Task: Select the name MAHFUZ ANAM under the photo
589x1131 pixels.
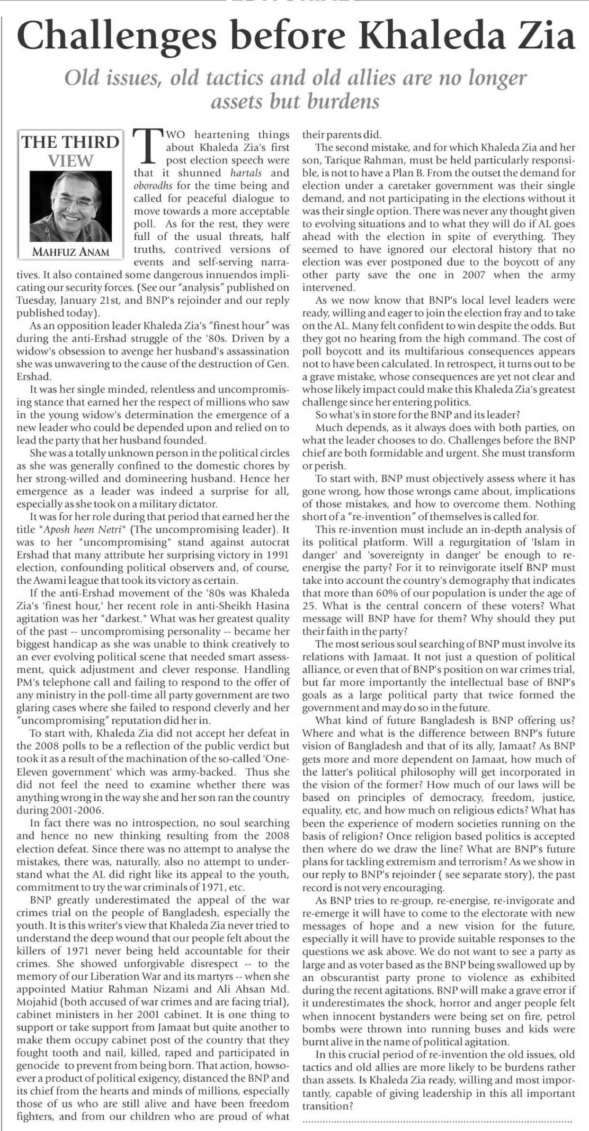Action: (71, 252)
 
